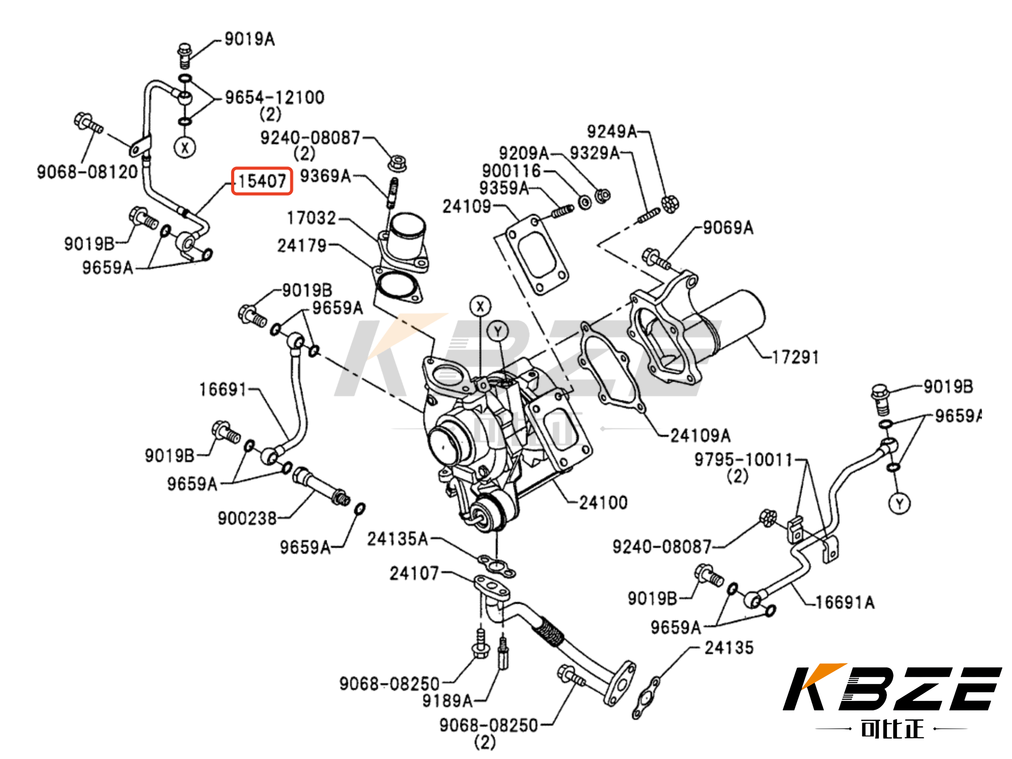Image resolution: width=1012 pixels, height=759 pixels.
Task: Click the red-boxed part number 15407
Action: (262, 181)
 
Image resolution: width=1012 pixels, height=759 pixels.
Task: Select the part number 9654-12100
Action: (275, 97)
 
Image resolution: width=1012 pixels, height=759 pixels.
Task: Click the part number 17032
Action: (311, 218)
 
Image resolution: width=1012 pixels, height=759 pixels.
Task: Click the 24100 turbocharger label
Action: (603, 503)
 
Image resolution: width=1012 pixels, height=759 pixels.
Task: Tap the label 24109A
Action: (700, 435)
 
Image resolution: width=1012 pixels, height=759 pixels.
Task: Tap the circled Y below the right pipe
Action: (900, 504)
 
